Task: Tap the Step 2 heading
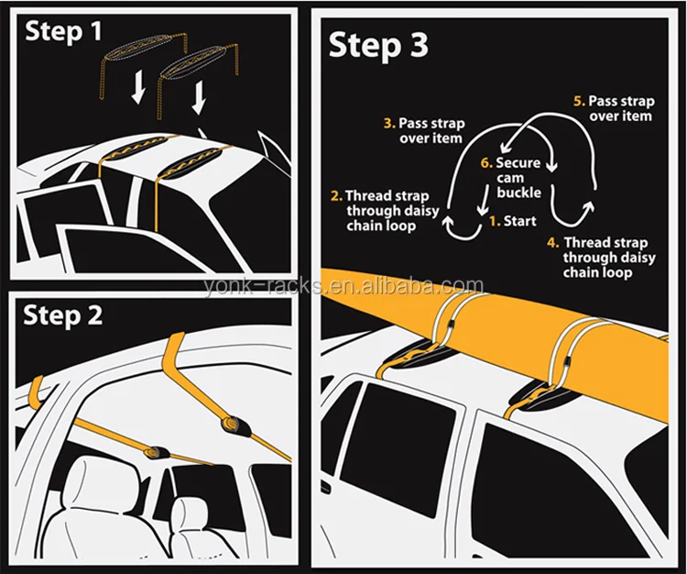[x=64, y=316]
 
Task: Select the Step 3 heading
[x=379, y=45]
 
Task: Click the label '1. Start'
[x=512, y=221]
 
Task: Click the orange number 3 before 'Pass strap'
[x=389, y=122]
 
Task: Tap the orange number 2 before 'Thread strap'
[x=337, y=196]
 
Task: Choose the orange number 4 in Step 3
[x=553, y=243]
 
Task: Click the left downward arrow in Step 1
[x=137, y=88]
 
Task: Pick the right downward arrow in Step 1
[x=199, y=98]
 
